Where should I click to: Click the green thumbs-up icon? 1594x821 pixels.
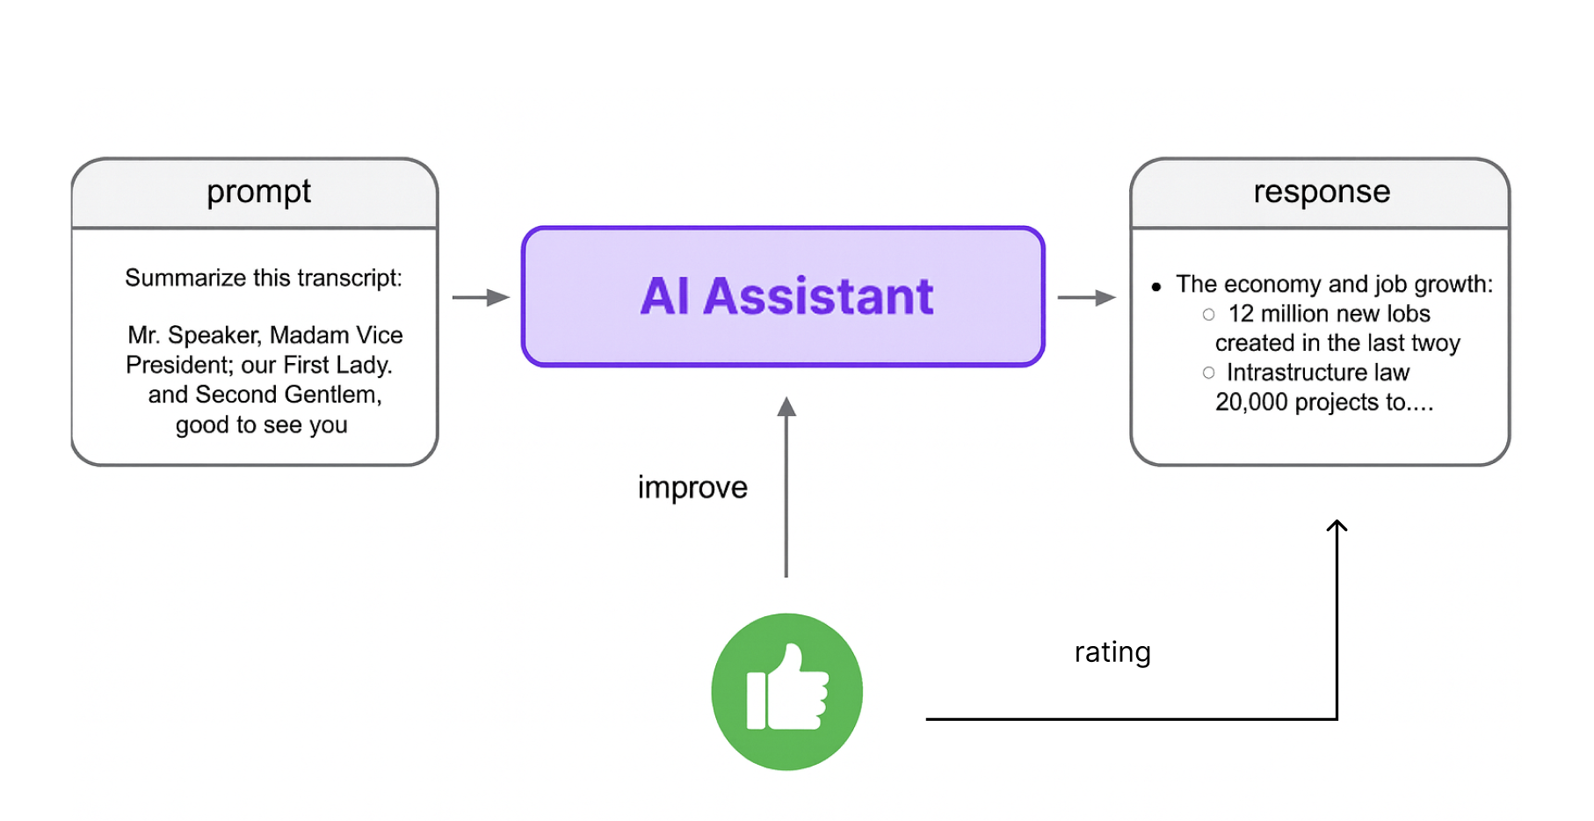(786, 692)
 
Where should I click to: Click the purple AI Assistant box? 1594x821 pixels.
(783, 296)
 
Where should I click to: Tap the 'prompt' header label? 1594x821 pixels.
(258, 193)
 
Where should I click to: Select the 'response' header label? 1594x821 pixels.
(1322, 193)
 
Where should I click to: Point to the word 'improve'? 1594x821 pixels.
(692, 488)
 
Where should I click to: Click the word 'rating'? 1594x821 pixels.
(1112, 652)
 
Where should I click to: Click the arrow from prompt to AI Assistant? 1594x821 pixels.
(481, 298)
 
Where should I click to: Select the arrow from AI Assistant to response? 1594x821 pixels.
(1086, 298)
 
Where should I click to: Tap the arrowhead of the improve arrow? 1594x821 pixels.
(786, 406)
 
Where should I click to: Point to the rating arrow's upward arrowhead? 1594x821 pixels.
(1337, 526)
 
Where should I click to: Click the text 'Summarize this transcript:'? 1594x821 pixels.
(264, 279)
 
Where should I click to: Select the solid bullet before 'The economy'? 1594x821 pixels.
(1156, 287)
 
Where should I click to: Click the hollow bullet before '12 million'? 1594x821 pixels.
(1209, 315)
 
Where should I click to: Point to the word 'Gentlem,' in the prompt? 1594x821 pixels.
(333, 395)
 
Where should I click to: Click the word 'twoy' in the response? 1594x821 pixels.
(1436, 344)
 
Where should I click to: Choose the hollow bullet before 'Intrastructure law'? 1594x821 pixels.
(1209, 373)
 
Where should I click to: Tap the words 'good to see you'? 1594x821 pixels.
(262, 425)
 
